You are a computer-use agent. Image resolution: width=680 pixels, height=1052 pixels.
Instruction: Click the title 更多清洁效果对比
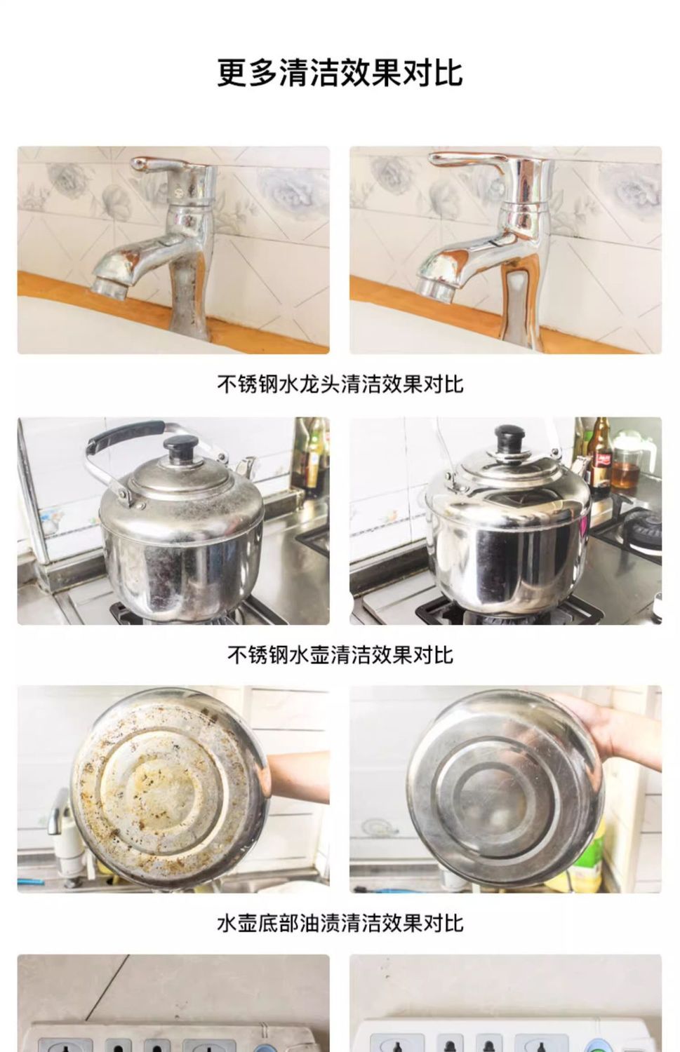(x=340, y=73)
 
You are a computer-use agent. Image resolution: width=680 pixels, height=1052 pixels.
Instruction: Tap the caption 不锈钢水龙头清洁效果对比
(x=340, y=384)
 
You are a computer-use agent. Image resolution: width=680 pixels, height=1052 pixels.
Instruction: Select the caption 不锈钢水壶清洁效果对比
(x=340, y=654)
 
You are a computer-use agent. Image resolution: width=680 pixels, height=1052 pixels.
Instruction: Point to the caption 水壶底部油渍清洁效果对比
(x=340, y=923)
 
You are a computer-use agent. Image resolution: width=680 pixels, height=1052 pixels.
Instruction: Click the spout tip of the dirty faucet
(x=109, y=288)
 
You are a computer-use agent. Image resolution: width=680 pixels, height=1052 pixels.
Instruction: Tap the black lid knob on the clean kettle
(x=507, y=438)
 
